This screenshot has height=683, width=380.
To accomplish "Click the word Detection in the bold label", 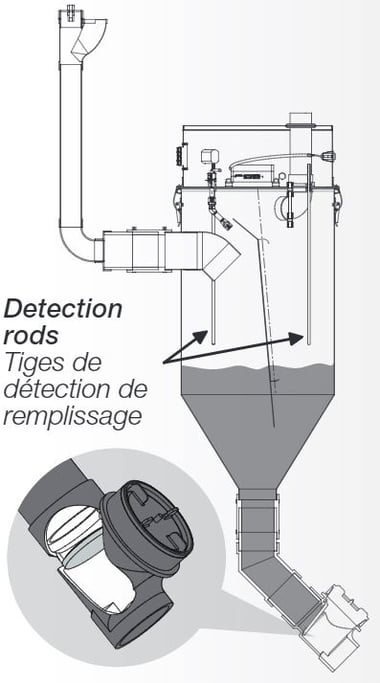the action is (x=63, y=309).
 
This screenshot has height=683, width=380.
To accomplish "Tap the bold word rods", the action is (x=31, y=335).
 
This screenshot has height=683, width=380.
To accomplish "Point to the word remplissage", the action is (x=73, y=417).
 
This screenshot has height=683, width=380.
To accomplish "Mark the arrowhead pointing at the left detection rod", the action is (x=201, y=336).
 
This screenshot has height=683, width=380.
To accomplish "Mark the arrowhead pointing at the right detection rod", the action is (x=296, y=338).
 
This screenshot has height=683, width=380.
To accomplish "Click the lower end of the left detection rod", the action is (x=214, y=344).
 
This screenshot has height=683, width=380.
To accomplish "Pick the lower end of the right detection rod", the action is (x=309, y=344).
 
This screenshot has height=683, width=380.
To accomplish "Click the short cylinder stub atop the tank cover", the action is (x=301, y=120).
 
